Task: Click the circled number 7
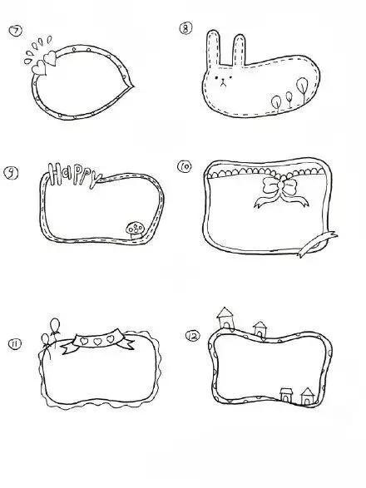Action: (16, 31)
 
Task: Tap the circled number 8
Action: (185, 28)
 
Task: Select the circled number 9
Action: (11, 173)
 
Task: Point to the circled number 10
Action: (185, 166)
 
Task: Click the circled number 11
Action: (15, 343)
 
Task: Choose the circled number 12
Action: (193, 336)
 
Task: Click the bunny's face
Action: (223, 81)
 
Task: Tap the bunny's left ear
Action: (214, 47)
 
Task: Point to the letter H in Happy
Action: (56, 174)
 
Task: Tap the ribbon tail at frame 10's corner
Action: (317, 244)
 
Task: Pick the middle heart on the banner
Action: (97, 342)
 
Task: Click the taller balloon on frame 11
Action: (55, 326)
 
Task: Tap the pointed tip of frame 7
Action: (133, 86)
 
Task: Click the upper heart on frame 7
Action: (50, 57)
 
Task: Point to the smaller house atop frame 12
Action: (260, 330)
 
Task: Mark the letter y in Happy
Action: (95, 180)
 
